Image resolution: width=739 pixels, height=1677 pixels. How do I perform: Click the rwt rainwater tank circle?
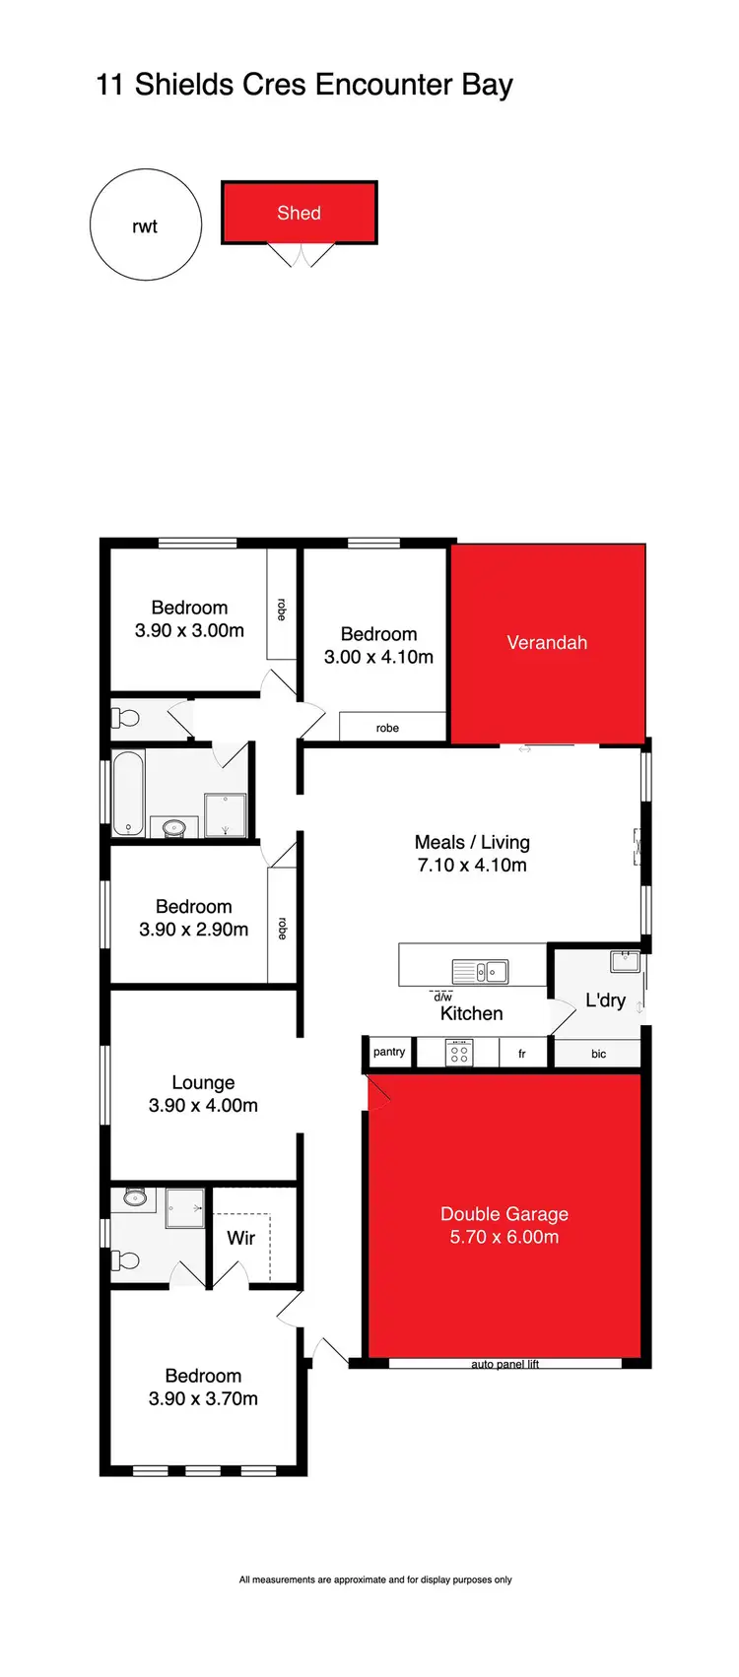[x=145, y=226]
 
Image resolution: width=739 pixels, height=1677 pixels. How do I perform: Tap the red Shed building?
[x=299, y=213]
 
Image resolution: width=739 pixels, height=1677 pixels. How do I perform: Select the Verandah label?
[x=547, y=642]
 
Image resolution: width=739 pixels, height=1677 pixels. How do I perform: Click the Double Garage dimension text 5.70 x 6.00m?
[x=504, y=1237]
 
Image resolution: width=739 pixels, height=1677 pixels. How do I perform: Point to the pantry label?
[x=389, y=1052]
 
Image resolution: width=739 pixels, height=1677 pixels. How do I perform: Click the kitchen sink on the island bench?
[x=480, y=971]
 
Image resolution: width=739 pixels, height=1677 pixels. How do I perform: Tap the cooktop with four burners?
[x=459, y=1054]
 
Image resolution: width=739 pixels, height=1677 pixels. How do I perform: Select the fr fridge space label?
[x=522, y=1054]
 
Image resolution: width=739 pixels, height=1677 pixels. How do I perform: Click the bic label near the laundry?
[x=598, y=1054]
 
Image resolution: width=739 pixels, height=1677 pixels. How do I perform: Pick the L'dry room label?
[x=605, y=1000]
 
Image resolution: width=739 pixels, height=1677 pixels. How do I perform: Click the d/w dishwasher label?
[x=442, y=997]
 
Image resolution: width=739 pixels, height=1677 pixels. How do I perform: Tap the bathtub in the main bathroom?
[x=128, y=793]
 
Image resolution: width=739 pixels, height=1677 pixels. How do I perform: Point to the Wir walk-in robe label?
[x=241, y=1238]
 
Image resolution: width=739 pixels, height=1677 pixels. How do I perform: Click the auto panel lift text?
[x=504, y=1364]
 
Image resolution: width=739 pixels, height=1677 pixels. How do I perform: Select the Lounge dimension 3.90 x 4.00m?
[x=203, y=1105]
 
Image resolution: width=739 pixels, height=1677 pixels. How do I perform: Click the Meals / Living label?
[x=472, y=842]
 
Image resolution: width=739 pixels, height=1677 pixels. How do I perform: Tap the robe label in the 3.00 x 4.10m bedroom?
[x=387, y=728]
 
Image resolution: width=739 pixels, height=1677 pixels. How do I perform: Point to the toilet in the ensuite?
[x=127, y=1260]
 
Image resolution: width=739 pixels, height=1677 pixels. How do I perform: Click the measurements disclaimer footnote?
[x=375, y=1580]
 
